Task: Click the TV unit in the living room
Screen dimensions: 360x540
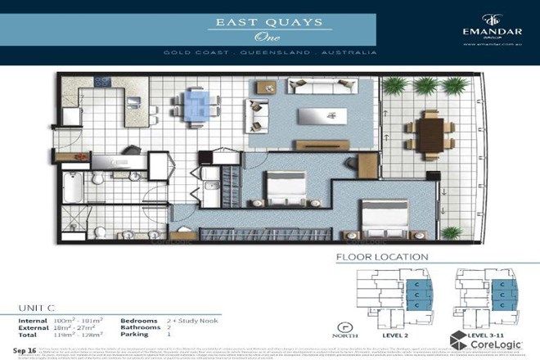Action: click(312, 145)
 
